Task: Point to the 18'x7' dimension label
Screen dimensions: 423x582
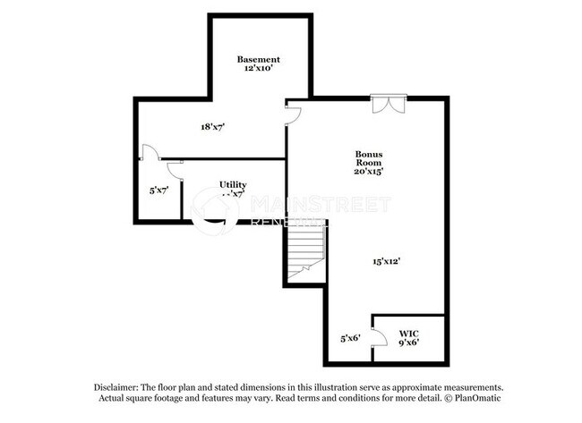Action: [212, 127]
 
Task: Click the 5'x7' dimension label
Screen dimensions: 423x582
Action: [159, 190]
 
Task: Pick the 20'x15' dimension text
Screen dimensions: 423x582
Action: [368, 171]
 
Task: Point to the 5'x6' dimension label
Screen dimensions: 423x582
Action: [350, 338]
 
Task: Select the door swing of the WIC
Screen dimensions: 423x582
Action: [380, 338]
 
